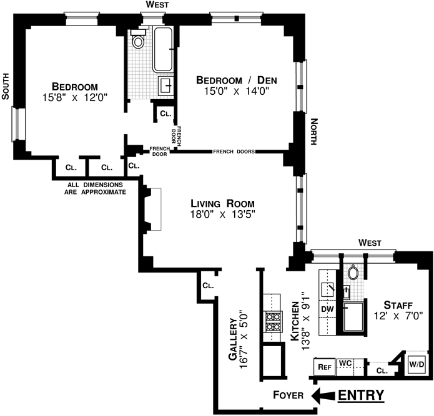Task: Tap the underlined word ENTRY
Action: [361, 395]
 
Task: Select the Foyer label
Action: [288, 395]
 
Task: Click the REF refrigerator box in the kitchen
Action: [324, 367]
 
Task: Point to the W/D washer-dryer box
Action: [417, 365]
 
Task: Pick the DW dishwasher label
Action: [327, 309]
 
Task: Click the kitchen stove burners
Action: [273, 322]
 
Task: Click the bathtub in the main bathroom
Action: [164, 49]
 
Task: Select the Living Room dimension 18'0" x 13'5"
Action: [222, 214]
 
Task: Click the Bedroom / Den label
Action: [237, 80]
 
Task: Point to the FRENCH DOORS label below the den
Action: [234, 152]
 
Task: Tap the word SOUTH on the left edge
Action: [6, 86]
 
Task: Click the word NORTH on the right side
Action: [314, 132]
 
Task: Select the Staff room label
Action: [398, 305]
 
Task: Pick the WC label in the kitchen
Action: [345, 364]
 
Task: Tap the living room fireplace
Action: [152, 209]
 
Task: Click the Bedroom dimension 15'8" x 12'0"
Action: [75, 97]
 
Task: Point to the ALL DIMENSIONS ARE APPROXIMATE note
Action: [95, 188]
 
